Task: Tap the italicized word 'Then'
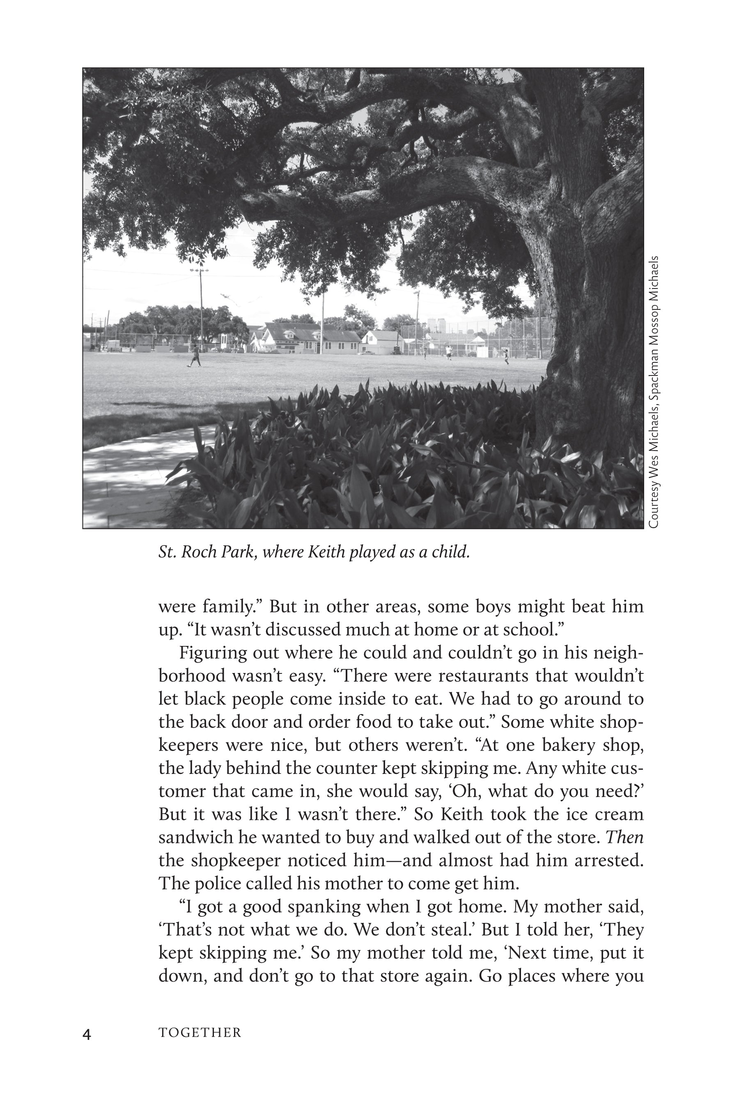coord(624,837)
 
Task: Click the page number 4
coord(87,1035)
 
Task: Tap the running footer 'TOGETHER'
coord(200,1033)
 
